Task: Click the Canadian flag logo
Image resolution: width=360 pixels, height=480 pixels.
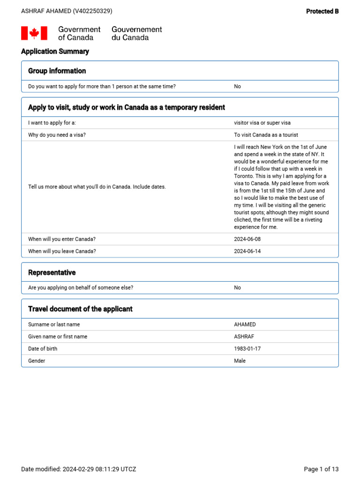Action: point(34,33)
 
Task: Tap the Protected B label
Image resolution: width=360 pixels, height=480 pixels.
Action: point(322,11)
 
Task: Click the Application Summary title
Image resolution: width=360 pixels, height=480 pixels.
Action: point(55,52)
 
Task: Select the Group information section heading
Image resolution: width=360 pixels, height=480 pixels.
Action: point(57,71)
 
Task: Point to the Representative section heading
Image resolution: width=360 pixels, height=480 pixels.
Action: point(52,272)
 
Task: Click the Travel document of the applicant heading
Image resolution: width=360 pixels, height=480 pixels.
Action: point(80,309)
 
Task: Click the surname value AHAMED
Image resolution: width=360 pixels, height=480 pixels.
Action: point(245,324)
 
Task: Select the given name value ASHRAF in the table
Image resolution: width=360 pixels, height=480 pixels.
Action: point(244,337)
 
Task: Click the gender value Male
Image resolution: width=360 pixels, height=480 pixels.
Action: point(240,361)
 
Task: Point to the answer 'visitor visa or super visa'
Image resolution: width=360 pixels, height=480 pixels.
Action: point(262,123)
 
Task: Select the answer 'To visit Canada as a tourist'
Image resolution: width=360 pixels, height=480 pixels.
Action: point(266,135)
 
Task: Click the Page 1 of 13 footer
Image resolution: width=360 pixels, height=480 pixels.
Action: point(321,469)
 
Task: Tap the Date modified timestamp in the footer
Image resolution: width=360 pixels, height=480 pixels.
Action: point(79,469)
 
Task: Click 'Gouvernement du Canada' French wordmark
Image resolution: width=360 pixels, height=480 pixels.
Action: point(136,33)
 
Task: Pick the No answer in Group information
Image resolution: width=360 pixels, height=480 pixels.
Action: point(237,86)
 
